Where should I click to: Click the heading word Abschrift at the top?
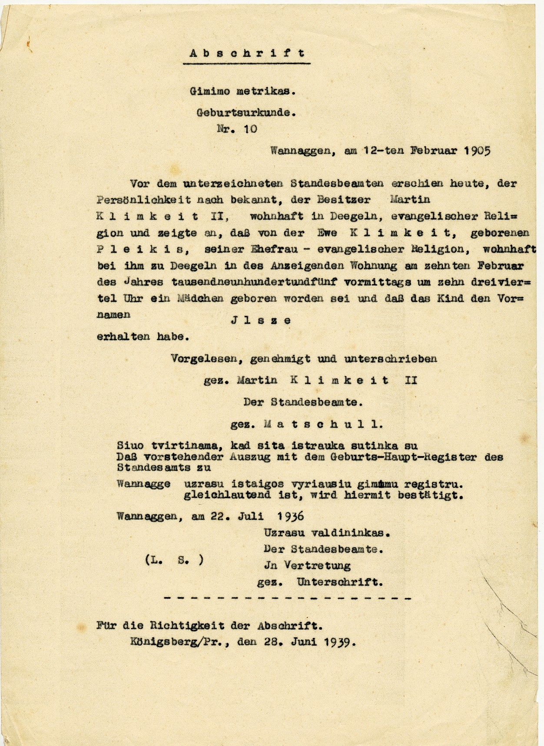(x=247, y=53)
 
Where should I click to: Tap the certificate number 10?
(x=250, y=129)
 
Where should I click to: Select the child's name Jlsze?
(x=260, y=321)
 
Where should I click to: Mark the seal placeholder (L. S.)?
(x=174, y=560)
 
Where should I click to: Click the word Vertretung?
(x=317, y=565)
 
